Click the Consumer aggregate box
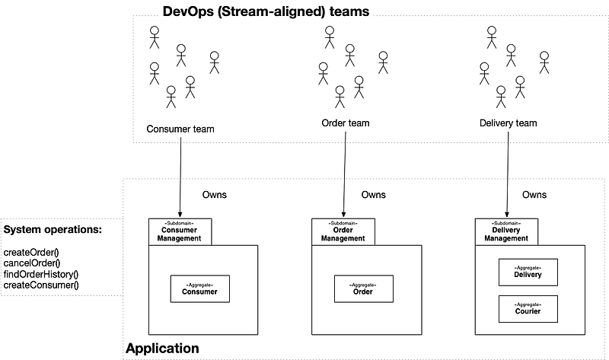[199, 289]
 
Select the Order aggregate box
[362, 289]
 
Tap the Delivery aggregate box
[528, 272]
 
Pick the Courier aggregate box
[528, 308]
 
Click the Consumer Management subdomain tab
[179, 232]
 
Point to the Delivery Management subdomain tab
[505, 232]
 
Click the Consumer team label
[180, 129]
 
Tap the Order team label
[346, 123]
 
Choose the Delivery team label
[508, 123]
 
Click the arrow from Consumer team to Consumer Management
[180, 175]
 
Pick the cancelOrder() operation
[32, 263]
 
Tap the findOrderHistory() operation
[41, 274]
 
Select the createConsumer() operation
[41, 285]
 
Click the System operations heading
[53, 230]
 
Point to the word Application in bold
[162, 349]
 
